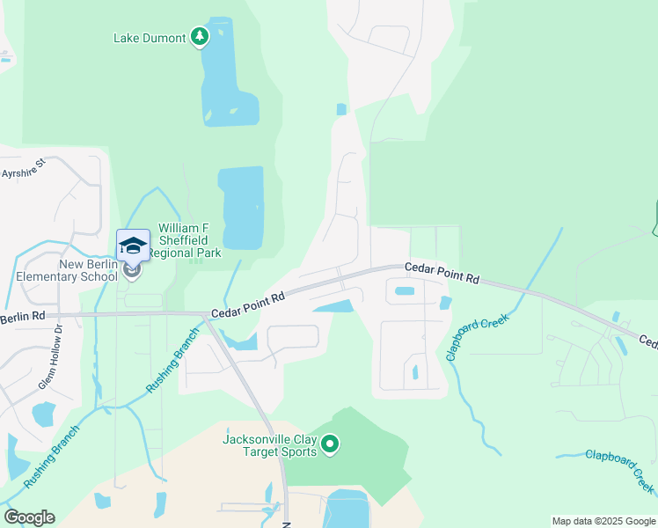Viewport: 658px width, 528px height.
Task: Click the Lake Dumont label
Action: click(x=150, y=38)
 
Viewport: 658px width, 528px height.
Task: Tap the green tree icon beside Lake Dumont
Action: click(x=201, y=37)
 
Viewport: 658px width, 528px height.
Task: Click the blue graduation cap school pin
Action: click(x=133, y=246)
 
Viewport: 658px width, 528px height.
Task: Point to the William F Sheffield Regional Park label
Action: click(x=185, y=241)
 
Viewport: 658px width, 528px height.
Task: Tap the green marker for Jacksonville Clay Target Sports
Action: click(x=330, y=445)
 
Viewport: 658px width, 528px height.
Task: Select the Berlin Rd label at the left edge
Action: click(x=22, y=317)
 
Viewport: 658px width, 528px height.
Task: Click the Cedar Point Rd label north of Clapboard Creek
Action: click(x=442, y=272)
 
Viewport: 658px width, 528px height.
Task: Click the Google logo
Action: click(x=29, y=517)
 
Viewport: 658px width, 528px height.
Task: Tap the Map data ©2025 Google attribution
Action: click(x=603, y=521)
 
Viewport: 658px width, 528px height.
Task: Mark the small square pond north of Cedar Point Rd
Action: click(x=341, y=109)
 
